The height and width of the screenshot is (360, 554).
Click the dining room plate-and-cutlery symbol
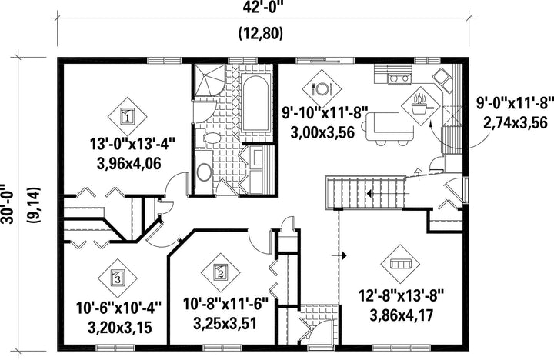click(x=322, y=88)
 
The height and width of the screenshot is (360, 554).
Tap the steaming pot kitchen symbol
click(x=420, y=105)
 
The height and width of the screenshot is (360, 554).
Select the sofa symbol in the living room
click(x=400, y=264)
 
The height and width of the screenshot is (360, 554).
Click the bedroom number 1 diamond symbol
click(x=127, y=116)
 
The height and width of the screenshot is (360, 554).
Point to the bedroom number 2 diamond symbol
click(x=221, y=272)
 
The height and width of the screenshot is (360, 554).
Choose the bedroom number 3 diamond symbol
click(x=117, y=278)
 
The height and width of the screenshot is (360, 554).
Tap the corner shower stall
click(x=208, y=81)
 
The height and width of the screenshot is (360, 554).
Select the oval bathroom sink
click(x=204, y=172)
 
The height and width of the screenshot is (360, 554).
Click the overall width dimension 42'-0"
click(x=263, y=8)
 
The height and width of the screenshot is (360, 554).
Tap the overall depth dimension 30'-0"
click(x=7, y=203)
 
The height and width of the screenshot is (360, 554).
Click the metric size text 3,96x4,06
click(x=128, y=163)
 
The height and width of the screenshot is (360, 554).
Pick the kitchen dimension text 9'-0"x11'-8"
click(x=515, y=104)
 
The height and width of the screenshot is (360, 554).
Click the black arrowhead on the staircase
click(x=369, y=194)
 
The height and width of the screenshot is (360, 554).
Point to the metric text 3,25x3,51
click(x=225, y=323)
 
